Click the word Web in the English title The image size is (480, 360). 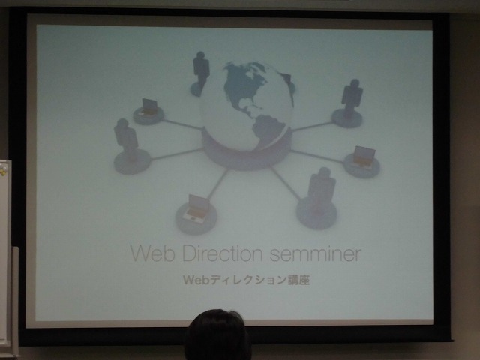click(x=153, y=253)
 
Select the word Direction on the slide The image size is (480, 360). click(x=223, y=253)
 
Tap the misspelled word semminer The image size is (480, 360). click(x=315, y=254)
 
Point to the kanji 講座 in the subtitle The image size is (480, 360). click(x=298, y=280)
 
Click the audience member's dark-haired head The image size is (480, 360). click(x=217, y=335)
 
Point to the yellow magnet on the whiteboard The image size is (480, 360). click(x=3, y=172)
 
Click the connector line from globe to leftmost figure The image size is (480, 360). click(x=177, y=154)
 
